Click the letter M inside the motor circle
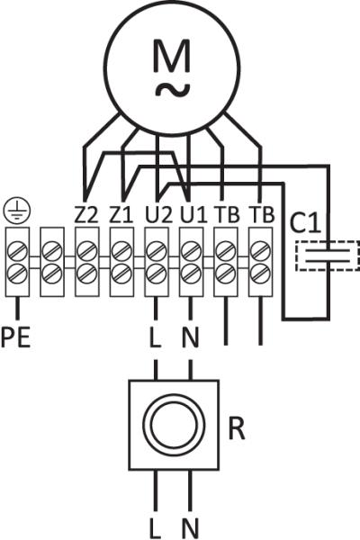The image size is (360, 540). [172, 56]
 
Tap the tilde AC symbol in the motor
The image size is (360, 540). [172, 90]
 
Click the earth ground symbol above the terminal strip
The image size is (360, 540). [16, 210]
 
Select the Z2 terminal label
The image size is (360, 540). [86, 214]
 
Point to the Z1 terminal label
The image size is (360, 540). [121, 214]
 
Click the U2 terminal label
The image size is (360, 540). [158, 214]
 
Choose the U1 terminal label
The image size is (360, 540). [193, 214]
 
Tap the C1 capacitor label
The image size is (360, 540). [306, 223]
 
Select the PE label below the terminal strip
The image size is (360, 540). [16, 337]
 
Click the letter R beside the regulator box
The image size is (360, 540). [237, 428]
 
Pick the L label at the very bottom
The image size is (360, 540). [155, 528]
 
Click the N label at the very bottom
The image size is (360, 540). [191, 528]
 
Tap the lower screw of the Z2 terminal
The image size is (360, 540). [86, 274]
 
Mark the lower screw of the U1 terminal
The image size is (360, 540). [191, 274]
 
